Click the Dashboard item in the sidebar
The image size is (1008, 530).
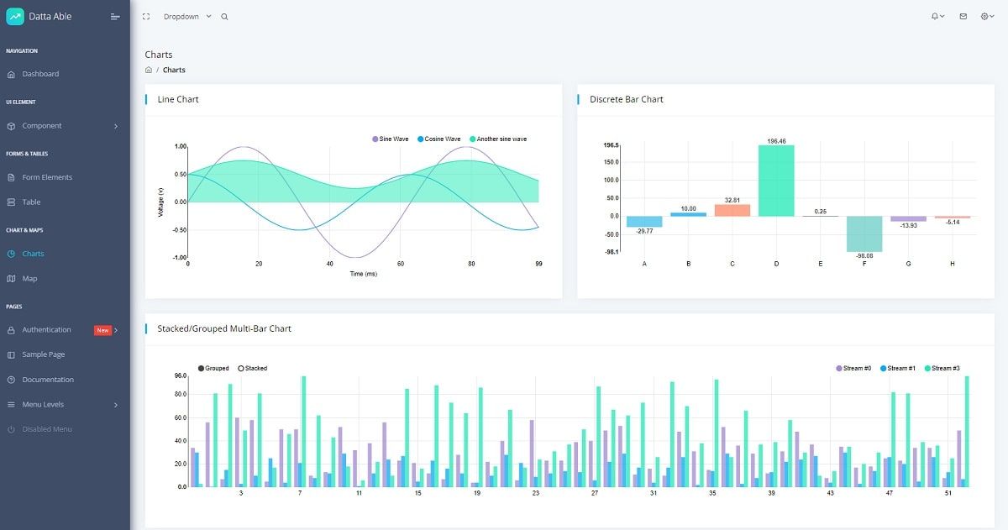(x=40, y=74)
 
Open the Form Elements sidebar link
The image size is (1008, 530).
(x=47, y=177)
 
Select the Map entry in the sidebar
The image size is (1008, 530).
(x=29, y=278)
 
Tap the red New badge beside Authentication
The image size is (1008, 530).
(x=102, y=330)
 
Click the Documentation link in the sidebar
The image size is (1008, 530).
(x=48, y=380)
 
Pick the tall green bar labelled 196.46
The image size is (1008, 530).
(x=776, y=181)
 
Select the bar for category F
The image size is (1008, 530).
(x=864, y=234)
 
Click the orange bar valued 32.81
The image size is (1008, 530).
(x=732, y=210)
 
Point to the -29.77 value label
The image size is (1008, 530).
(x=644, y=231)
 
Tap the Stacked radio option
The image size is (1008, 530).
(x=253, y=368)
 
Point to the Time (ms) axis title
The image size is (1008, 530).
(x=363, y=274)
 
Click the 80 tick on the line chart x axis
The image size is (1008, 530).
(x=470, y=264)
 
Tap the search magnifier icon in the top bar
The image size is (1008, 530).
(x=224, y=17)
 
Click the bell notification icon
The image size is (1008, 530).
(x=935, y=17)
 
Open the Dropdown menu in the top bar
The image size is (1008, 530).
(x=187, y=17)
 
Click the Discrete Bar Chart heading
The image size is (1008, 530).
(x=626, y=99)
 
